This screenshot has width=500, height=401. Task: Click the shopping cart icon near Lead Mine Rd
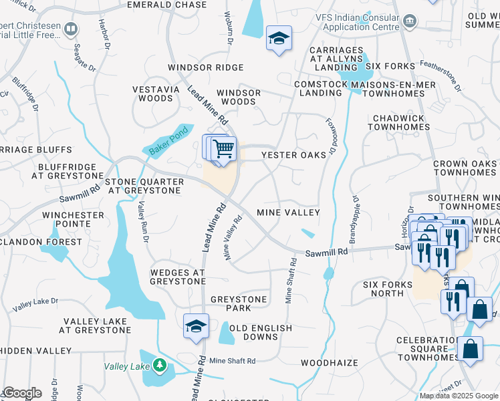click(224, 149)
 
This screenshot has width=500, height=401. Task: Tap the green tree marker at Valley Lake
click(159, 366)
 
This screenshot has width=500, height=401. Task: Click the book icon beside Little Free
click(72, 29)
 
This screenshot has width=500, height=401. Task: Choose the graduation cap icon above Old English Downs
click(195, 326)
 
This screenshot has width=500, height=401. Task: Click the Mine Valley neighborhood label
click(288, 213)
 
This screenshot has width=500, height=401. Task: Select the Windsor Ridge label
click(205, 68)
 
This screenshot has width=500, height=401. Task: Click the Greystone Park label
click(239, 303)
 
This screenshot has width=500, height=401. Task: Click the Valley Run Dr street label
click(142, 223)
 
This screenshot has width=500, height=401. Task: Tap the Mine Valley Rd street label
click(232, 238)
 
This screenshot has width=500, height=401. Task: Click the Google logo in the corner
click(21, 393)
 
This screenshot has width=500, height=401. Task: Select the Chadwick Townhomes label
click(397, 122)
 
